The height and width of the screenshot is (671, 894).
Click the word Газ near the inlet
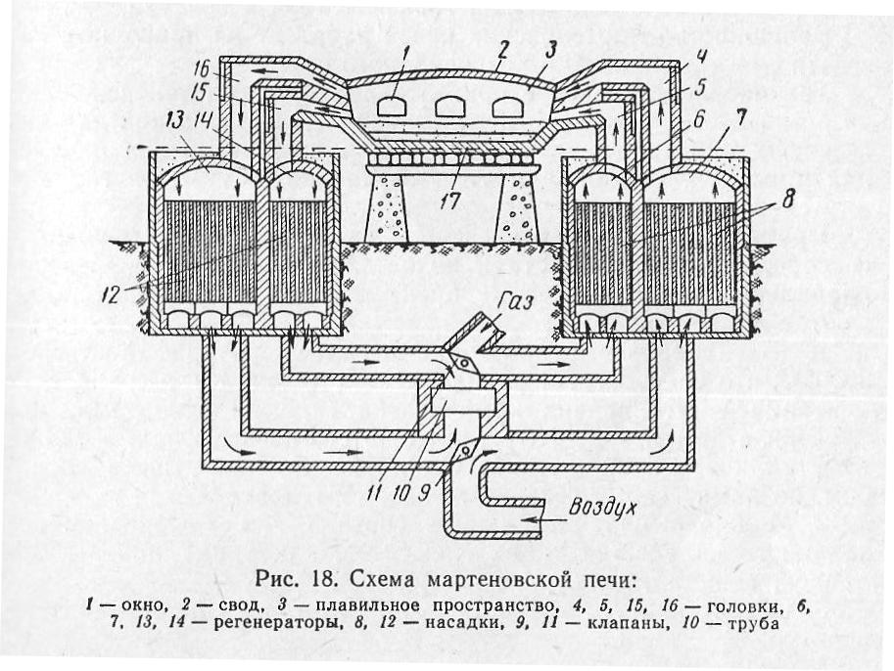(515, 300)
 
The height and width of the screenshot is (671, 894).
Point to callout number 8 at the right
(787, 201)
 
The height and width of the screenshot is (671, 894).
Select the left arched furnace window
(395, 107)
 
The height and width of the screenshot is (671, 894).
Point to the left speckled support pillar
(386, 206)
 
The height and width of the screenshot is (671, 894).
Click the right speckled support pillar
(517, 206)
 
